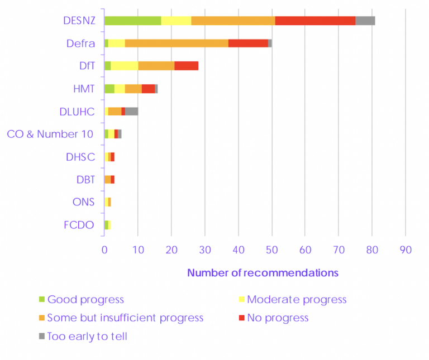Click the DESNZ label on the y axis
[x=79, y=21]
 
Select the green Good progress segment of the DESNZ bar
[x=133, y=21]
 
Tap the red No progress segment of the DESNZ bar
[x=315, y=21]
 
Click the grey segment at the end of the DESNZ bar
[x=365, y=21]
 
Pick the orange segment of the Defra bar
[x=177, y=43]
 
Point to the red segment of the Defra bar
[x=248, y=43]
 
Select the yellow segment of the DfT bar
[x=125, y=66]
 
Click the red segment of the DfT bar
[x=187, y=66]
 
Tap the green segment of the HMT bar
[x=109, y=89]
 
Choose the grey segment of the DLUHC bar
[x=131, y=111]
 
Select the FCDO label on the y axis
[x=79, y=225]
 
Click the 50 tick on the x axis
[x=272, y=250]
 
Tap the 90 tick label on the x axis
[x=405, y=250]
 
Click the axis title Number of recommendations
[x=263, y=273]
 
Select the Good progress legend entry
[x=85, y=300]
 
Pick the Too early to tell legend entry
[x=87, y=337]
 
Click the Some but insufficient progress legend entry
[x=125, y=318]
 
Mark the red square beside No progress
[x=242, y=318]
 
